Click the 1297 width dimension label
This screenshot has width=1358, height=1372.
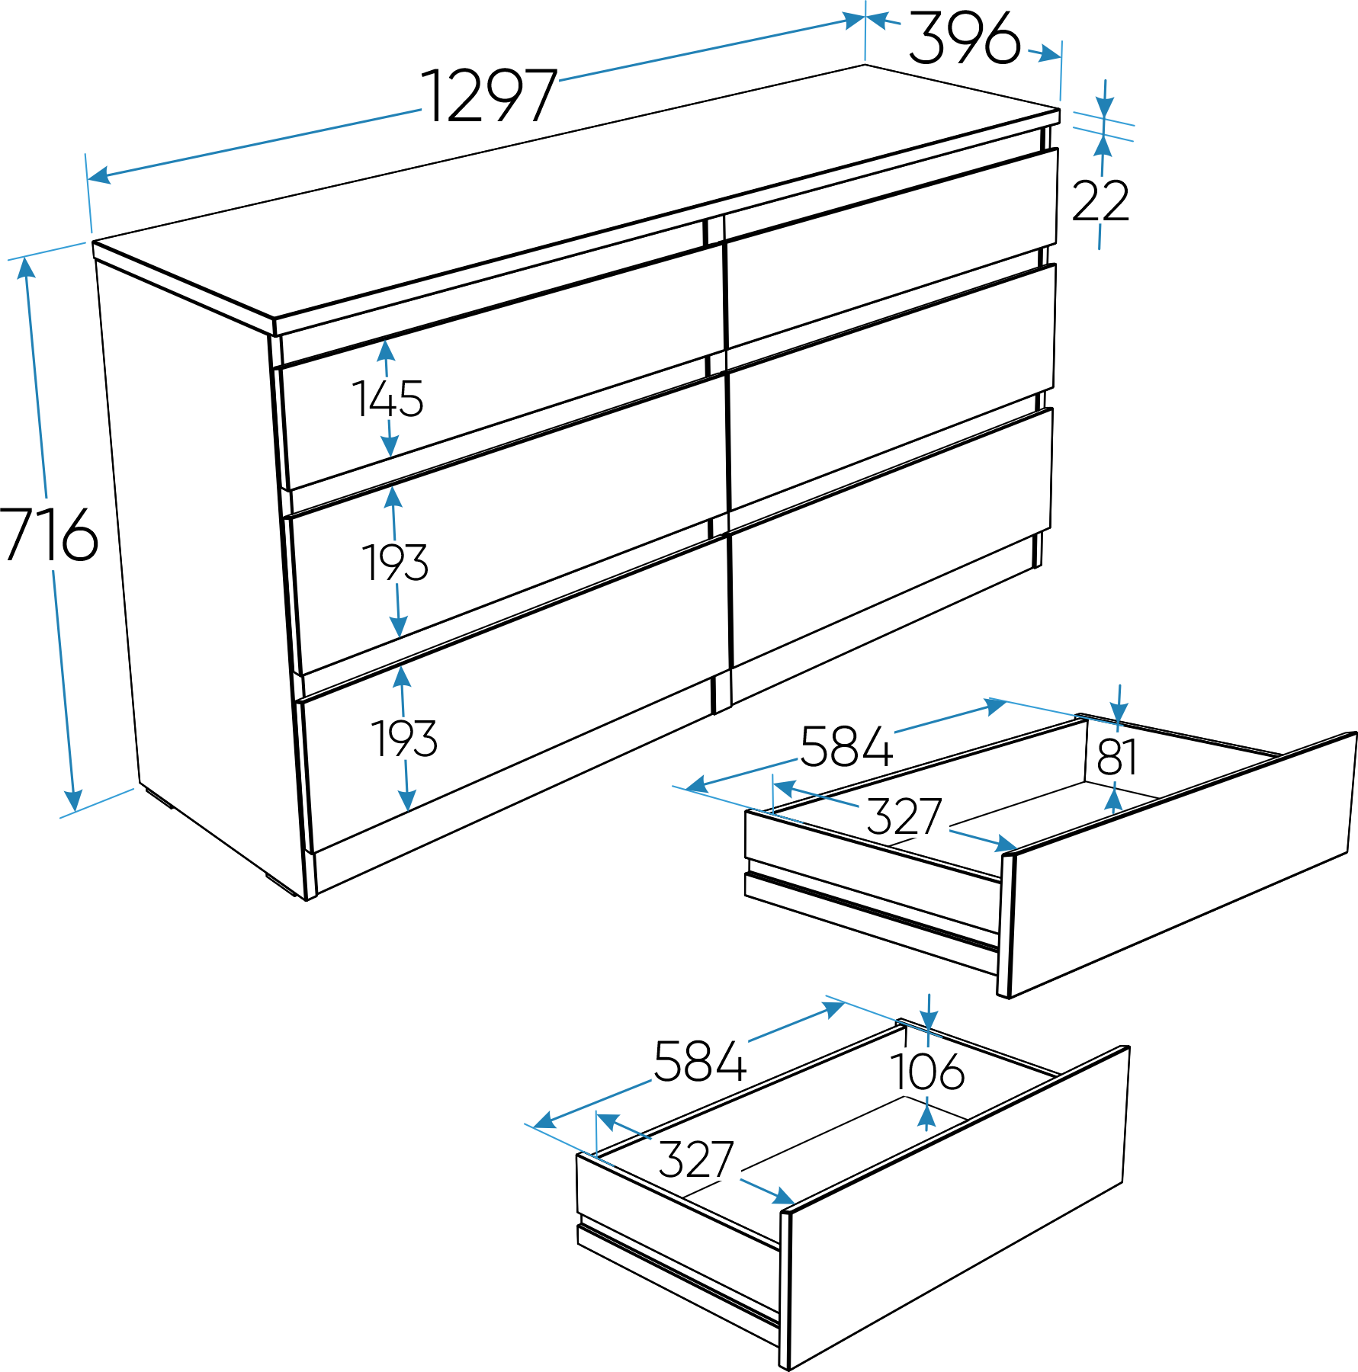tap(489, 95)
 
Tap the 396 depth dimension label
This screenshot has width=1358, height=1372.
tap(965, 37)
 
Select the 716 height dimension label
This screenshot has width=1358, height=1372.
tap(48, 534)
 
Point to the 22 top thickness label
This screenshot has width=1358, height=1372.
tap(1100, 200)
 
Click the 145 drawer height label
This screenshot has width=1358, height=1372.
tap(387, 399)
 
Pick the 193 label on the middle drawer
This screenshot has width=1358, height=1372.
tap(395, 563)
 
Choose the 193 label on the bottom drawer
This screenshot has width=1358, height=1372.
tap(404, 739)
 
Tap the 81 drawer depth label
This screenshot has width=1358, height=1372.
tap(1117, 757)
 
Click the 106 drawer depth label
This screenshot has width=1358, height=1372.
tap(927, 1072)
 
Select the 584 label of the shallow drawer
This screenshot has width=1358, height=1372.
tap(846, 746)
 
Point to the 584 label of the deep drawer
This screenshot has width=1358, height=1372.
tap(700, 1061)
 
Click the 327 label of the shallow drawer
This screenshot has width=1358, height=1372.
tap(904, 816)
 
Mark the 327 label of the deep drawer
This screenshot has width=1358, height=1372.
tap(696, 1159)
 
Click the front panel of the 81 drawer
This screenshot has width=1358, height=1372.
tap(1179, 864)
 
